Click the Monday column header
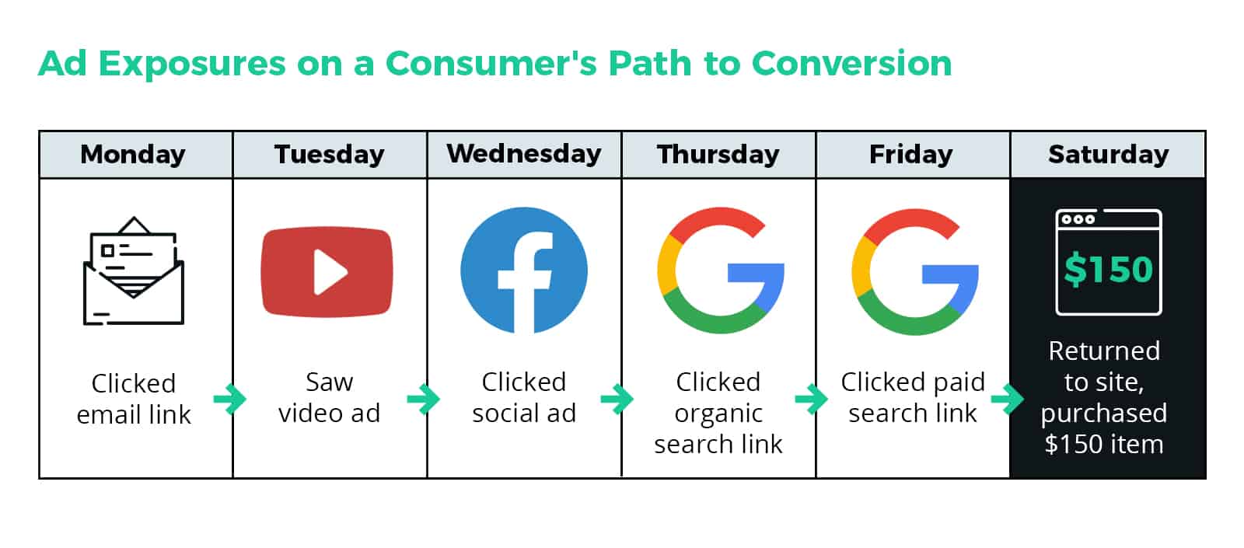(133, 155)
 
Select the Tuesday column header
(330, 155)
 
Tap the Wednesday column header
(524, 153)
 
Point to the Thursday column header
(718, 155)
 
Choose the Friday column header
(911, 155)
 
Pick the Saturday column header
(1109, 155)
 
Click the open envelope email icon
(133, 271)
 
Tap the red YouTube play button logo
(327, 271)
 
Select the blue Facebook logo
(524, 271)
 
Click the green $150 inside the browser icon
(1109, 269)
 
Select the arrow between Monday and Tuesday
(230, 399)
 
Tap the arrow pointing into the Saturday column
(1008, 399)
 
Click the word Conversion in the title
(851, 63)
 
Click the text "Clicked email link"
(134, 399)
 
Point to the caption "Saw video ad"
(330, 397)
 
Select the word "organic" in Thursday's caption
(718, 414)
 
